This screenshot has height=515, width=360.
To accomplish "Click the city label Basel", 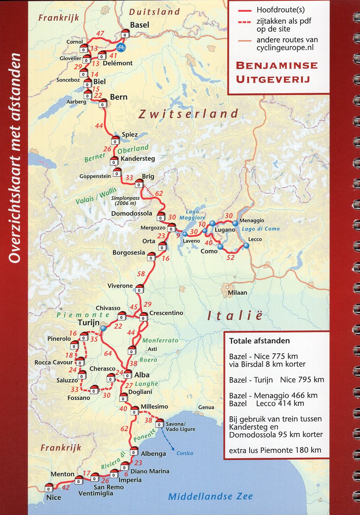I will tap(140, 25).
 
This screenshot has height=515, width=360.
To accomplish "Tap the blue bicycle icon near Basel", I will tap(121, 47).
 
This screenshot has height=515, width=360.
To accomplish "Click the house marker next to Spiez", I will tap(115, 140).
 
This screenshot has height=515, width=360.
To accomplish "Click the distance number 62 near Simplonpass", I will tap(159, 193).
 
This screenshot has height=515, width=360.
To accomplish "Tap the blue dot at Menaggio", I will tap(235, 223).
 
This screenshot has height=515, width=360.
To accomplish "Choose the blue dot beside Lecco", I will tap(246, 246).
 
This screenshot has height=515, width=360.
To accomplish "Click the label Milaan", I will tap(237, 292).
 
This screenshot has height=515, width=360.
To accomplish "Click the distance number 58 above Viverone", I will tap(141, 274).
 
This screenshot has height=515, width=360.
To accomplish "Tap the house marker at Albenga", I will tap(134, 451).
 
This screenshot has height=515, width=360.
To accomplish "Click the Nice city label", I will tap(54, 497).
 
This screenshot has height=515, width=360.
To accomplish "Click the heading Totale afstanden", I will tap(259, 341).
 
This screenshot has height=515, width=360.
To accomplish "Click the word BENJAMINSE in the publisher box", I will tap(277, 66).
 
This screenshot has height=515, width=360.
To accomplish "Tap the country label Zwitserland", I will tap(189, 114).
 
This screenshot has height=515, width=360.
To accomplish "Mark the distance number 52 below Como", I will tap(230, 257).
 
